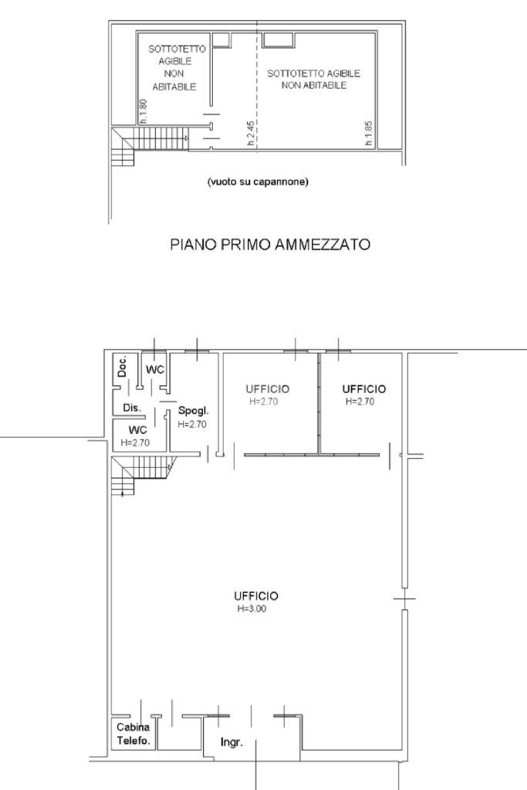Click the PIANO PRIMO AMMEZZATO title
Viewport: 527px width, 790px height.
point(270,244)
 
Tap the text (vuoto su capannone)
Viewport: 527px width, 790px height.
point(258,182)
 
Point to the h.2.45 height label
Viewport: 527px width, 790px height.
point(251,133)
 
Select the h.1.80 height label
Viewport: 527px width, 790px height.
point(143,111)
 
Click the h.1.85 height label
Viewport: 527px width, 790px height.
point(369,134)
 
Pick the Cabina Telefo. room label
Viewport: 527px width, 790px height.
point(133,734)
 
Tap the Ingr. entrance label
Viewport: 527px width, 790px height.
point(231,742)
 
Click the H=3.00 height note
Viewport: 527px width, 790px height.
point(252,609)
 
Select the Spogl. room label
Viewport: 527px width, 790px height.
point(193,411)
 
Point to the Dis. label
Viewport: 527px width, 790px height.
point(132,408)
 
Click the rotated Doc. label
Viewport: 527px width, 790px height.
point(121,366)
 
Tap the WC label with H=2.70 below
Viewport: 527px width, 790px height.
point(137,430)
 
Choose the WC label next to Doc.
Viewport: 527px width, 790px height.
point(155,370)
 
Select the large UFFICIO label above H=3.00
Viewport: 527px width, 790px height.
point(256,596)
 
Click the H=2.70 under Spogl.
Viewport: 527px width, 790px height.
point(192,424)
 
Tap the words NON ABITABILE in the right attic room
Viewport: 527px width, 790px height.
point(314,86)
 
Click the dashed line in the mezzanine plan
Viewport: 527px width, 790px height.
point(257,85)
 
